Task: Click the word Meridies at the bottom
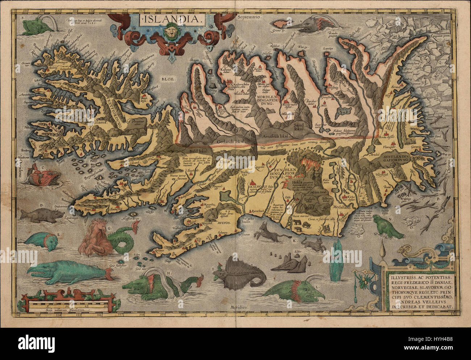click(x=240, y=307)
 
